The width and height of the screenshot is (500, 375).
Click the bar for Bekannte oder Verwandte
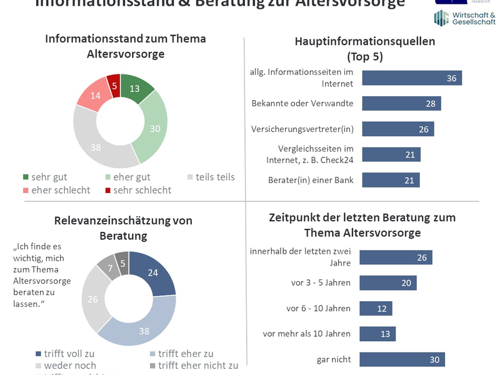pyautogui.click(x=401, y=103)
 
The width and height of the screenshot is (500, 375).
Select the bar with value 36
pyautogui.click(x=411, y=77)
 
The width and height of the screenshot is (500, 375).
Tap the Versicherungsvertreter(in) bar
pyautogui.click(x=397, y=129)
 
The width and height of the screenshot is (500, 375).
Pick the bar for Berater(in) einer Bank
pyautogui.click(x=391, y=180)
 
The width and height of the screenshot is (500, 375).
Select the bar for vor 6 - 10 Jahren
pyautogui.click(x=376, y=308)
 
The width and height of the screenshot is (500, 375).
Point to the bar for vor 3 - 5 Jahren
pyautogui.click(x=387, y=282)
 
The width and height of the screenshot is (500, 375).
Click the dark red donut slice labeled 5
pyautogui.click(x=114, y=82)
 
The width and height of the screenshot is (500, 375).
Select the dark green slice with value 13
pyautogui.click(x=136, y=88)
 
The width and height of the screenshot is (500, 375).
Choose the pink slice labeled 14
pyautogui.click(x=93, y=96)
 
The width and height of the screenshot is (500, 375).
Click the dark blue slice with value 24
pyautogui.click(x=151, y=273)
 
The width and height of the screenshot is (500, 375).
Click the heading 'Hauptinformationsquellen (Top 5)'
pyautogui.click(x=364, y=49)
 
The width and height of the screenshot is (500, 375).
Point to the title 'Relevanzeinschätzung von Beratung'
pyautogui.click(x=122, y=227)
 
